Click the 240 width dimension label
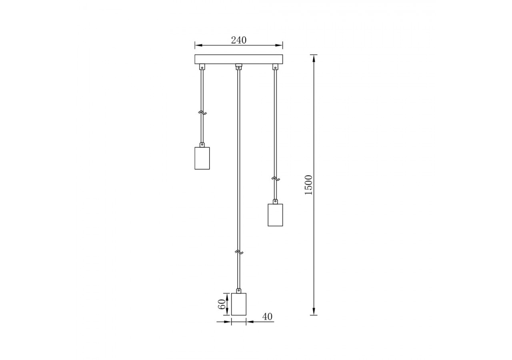239,40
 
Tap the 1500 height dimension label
308,185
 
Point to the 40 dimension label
267,317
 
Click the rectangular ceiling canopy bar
238,59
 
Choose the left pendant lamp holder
202,158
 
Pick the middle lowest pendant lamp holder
239,304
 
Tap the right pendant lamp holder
275,215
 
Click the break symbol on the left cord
202,113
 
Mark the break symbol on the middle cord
239,252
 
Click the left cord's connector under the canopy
202,67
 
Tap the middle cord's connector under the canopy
239,67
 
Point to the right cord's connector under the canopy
275,67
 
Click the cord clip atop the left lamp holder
202,144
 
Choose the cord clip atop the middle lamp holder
239,290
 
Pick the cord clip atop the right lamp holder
275,202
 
